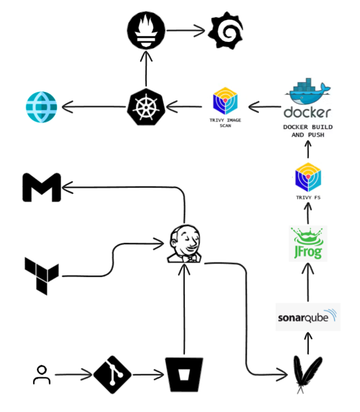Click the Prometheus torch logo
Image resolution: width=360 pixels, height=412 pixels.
[x=146, y=30]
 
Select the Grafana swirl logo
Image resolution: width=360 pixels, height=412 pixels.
[x=226, y=30]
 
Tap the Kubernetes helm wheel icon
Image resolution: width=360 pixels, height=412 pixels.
[x=146, y=107]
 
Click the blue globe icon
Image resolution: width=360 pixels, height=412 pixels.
[x=41, y=107]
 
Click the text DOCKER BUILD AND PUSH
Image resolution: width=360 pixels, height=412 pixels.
[x=308, y=131]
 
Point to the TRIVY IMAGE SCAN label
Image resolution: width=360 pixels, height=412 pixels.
[x=225, y=122]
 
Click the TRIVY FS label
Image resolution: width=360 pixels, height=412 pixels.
[x=308, y=198]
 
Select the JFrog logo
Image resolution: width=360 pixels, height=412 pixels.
[x=308, y=243]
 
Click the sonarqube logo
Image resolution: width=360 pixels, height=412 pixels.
[x=308, y=317]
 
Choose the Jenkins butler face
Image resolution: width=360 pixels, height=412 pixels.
[x=184, y=244]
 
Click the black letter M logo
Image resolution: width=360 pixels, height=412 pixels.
[x=42, y=187]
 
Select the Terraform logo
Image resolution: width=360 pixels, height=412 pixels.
[x=42, y=276]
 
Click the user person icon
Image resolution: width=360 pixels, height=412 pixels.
[x=42, y=374]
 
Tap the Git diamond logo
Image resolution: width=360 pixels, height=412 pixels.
[x=113, y=374]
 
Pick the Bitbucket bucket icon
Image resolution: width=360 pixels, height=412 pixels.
[x=184, y=374]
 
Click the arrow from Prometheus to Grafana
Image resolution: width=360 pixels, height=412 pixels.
[x=185, y=30]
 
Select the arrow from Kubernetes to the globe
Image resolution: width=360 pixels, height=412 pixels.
[x=94, y=107]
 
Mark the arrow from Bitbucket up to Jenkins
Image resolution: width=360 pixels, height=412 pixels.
[x=184, y=309]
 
